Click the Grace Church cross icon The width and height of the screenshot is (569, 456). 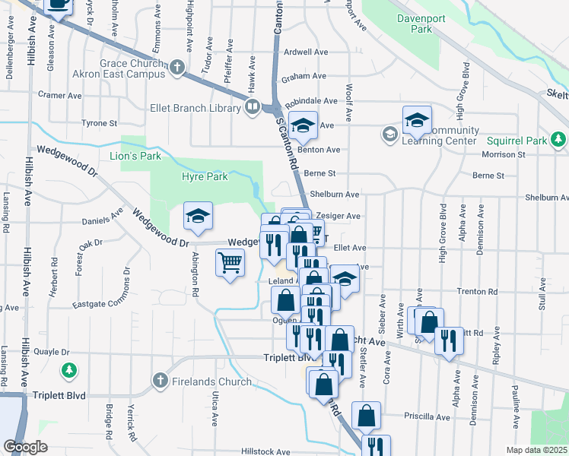(177, 68)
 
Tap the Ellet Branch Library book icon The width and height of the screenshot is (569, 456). (253, 108)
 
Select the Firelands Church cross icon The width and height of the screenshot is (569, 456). (160, 379)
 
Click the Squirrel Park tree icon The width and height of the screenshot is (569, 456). (559, 140)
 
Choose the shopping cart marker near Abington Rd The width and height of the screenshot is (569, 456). (230, 264)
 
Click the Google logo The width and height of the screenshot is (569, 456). (24, 447)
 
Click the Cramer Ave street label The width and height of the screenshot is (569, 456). (60, 96)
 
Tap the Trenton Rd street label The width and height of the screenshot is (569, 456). (477, 291)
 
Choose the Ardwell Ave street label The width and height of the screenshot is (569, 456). (305, 52)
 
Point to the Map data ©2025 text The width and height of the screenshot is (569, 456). (536, 450)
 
